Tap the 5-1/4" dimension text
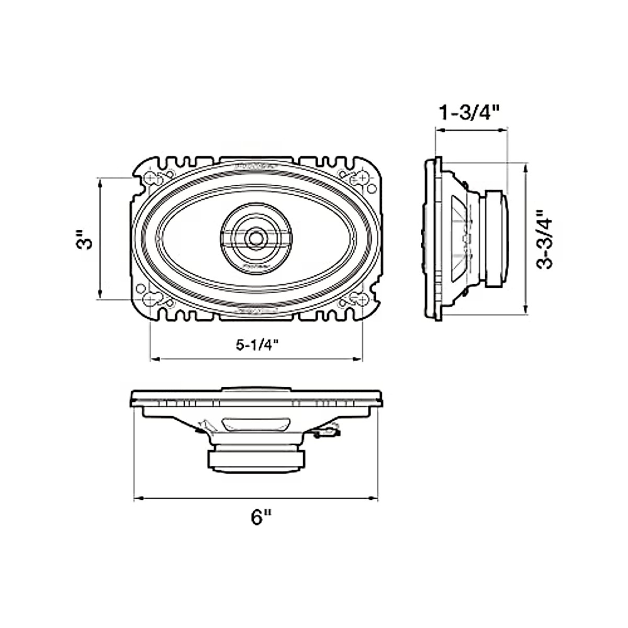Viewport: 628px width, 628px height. click(x=256, y=345)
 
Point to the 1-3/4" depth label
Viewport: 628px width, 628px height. click(x=470, y=113)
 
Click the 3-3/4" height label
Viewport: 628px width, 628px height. click(x=546, y=239)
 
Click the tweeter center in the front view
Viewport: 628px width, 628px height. click(x=256, y=236)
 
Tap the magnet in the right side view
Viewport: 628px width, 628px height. click(x=496, y=239)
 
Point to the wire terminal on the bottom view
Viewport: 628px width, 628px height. click(x=327, y=432)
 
